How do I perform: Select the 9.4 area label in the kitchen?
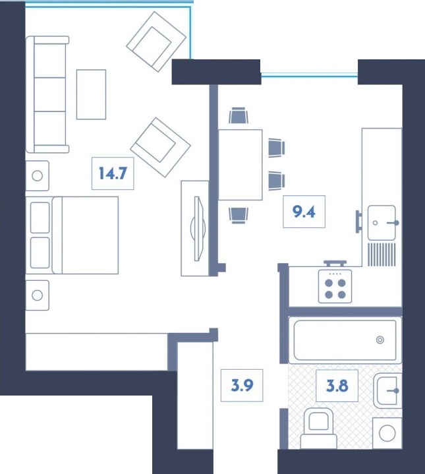[x=304, y=212]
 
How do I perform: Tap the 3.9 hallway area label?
[x=242, y=386]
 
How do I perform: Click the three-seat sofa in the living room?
[x=47, y=94]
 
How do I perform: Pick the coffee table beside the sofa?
[x=91, y=94]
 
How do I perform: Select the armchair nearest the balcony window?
[x=156, y=40]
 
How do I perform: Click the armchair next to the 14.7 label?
[x=160, y=148]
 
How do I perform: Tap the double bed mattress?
[x=85, y=235]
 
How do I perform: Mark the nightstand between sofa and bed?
[x=37, y=176]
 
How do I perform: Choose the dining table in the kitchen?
[x=240, y=165]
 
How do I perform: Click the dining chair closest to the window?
[x=239, y=117]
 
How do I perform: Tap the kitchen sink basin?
[x=382, y=223]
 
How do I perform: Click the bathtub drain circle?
[x=380, y=340]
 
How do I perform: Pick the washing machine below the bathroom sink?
[x=387, y=432]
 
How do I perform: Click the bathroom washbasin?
[x=388, y=391]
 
